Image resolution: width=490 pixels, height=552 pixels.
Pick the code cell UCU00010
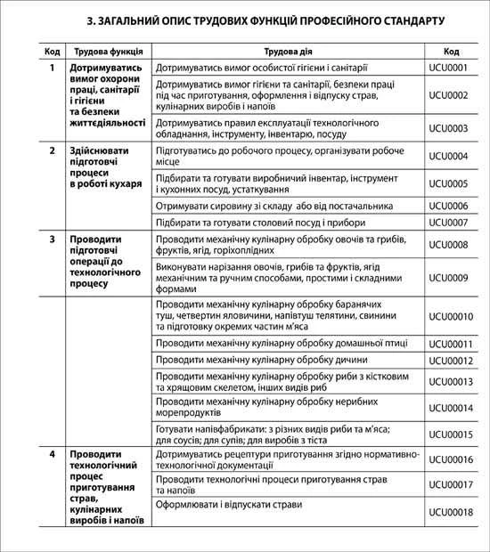pyautogui.click(x=451, y=316)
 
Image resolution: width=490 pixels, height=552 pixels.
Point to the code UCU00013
pyautogui.click(x=451, y=381)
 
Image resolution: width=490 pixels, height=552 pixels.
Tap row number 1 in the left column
pyautogui.click(x=53, y=68)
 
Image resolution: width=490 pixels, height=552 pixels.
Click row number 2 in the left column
pyautogui.click(x=53, y=150)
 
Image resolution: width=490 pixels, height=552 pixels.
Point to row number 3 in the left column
pyautogui.click(x=53, y=239)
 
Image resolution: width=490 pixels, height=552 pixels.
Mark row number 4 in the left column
pyautogui.click(x=53, y=454)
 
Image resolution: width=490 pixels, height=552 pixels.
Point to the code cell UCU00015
pyautogui.click(x=451, y=434)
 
